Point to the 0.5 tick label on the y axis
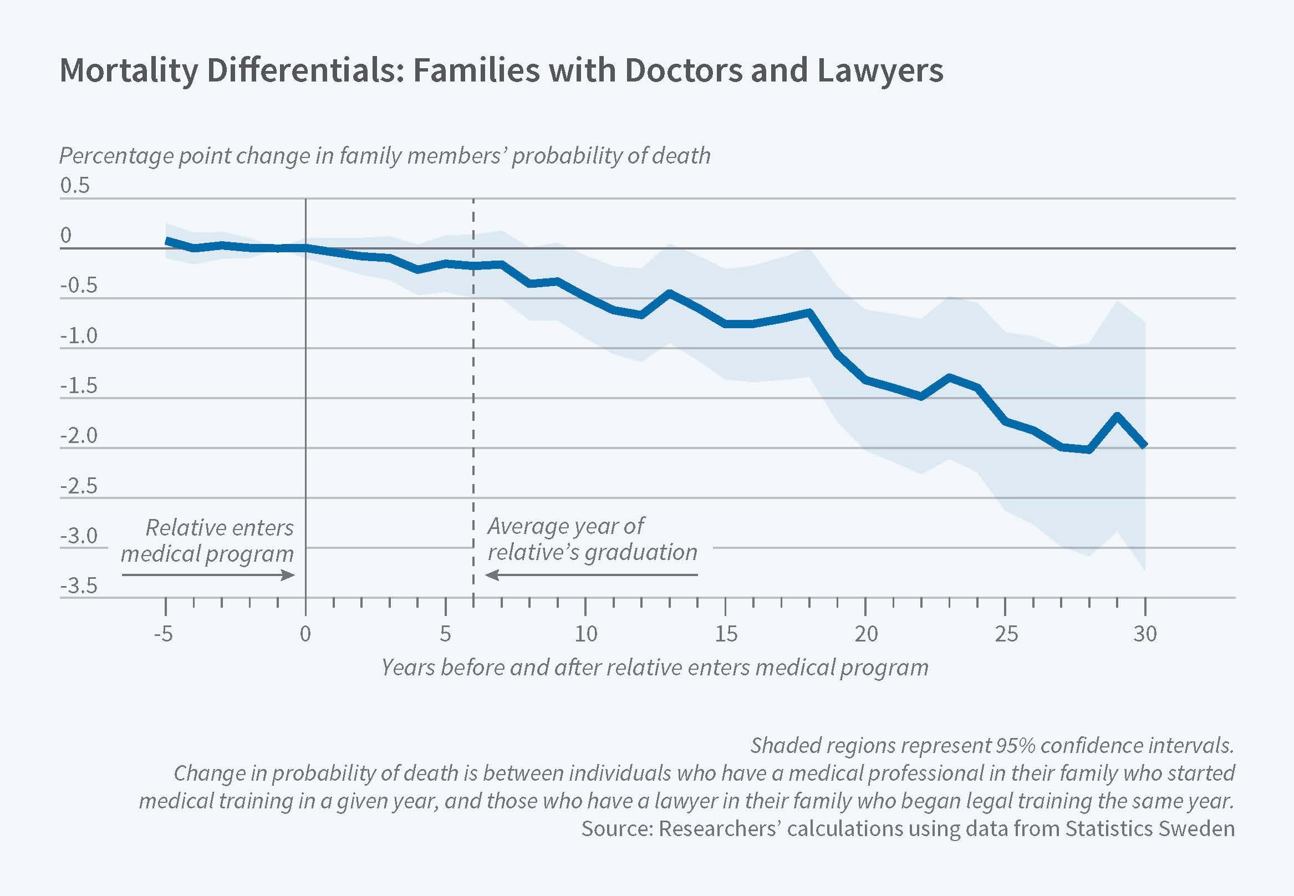75,185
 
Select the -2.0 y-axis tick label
79,436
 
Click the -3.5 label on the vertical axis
79,586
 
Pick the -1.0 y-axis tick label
79,335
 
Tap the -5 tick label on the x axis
164,634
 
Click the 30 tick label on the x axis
1145,634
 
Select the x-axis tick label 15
725,634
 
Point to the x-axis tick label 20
865,634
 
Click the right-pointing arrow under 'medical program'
208,575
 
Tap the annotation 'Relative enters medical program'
208,541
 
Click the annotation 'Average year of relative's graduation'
592,539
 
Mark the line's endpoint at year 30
1145,445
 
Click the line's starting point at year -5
166,240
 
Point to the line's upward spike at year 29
1117,415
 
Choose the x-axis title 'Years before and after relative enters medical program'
655,668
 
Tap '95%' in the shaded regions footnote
1016,746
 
